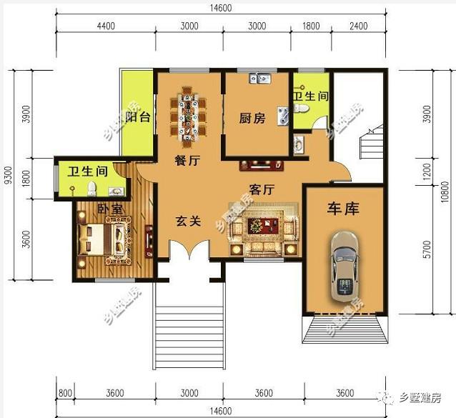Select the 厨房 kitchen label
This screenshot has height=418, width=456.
click(252, 119)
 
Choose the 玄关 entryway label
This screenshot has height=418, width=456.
click(187, 222)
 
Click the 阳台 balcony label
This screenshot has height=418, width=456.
click(137, 118)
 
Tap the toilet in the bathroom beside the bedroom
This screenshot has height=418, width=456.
click(91, 188)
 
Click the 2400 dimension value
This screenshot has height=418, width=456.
click(359, 26)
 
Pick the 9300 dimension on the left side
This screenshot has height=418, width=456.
click(8, 175)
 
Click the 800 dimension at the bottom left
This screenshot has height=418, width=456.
click(65, 393)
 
